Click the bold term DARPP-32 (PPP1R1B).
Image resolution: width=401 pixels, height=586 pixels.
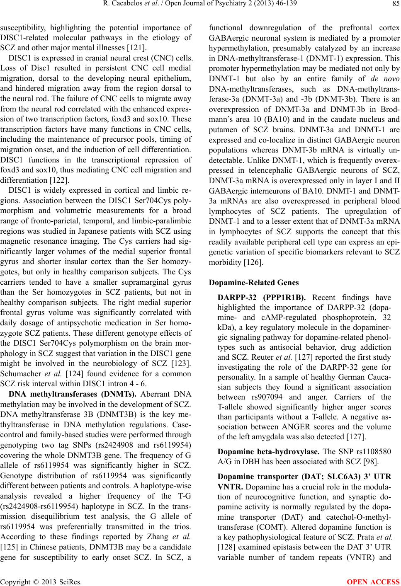pyautogui.click(x=261, y=297)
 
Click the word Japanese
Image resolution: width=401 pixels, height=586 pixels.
pyautogui.click(x=107, y=231)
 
